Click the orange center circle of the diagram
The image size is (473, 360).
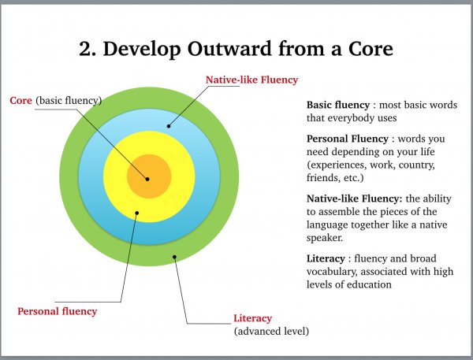pos(149,176)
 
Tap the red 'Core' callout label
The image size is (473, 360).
pos(20,100)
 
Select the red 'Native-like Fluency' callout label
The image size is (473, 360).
pos(252,80)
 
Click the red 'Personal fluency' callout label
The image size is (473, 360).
pos(58,311)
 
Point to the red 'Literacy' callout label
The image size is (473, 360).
pos(253,318)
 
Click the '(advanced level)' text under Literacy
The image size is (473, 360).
pos(271,331)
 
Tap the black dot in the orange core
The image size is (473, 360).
pos(147,179)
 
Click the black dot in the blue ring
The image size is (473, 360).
pos(169,126)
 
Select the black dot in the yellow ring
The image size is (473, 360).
pos(137,213)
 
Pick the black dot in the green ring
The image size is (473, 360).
pos(174,257)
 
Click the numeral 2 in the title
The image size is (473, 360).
pos(85,49)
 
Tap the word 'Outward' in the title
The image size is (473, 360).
pos(229,49)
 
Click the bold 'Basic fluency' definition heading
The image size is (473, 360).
pos(338,105)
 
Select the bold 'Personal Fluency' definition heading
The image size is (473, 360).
pos(348,139)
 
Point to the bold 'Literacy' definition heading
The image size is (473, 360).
pos(326,258)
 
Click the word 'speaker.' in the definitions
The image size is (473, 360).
pos(325,238)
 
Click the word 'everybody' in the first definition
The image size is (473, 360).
pos(352,118)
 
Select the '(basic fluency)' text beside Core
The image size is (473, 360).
pos(69,100)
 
